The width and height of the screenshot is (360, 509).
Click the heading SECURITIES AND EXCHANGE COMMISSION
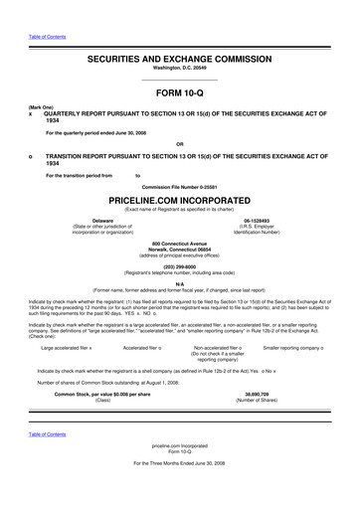pyautogui.click(x=179, y=59)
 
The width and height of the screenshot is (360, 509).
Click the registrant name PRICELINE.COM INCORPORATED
pyautogui.click(x=179, y=199)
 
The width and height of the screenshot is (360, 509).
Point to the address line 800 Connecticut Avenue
pyautogui.click(x=179, y=243)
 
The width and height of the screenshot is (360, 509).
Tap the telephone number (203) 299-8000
pyautogui.click(x=179, y=265)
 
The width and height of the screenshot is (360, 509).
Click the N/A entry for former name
pyautogui.click(x=179, y=282)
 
